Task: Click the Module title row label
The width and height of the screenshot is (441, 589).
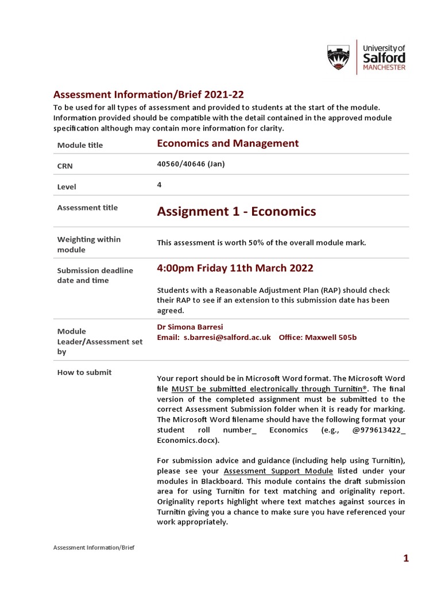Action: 80,145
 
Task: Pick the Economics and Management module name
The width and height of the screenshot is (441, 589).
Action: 227,143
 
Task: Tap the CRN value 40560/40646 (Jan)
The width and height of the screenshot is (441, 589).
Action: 191,164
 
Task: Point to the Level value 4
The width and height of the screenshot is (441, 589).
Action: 159,185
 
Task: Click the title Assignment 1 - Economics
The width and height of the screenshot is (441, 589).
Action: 236,212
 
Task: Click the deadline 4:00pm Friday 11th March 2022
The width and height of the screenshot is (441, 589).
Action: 235,269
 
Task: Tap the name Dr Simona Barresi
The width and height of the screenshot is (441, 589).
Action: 189,327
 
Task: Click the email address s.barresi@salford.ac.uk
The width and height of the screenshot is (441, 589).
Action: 227,337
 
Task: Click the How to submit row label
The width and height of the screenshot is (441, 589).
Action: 84,372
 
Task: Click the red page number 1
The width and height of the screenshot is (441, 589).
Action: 405,559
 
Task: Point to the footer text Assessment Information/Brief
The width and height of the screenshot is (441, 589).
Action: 94,548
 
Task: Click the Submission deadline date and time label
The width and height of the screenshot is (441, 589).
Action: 95,276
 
